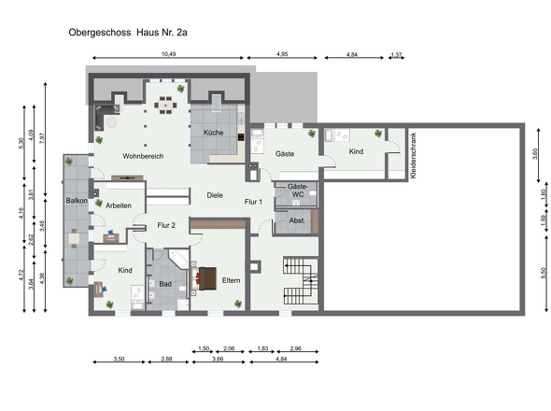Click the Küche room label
(x=213, y=133)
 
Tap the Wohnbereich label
(x=143, y=156)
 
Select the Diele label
(x=215, y=195)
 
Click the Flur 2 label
(x=166, y=225)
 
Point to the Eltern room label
(x=232, y=280)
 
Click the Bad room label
(x=165, y=284)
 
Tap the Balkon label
(x=77, y=201)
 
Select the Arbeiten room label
(x=119, y=205)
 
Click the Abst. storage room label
(x=297, y=220)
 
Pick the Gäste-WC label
(x=297, y=191)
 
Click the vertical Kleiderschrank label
(x=413, y=155)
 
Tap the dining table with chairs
(x=165, y=106)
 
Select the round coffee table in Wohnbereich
(x=111, y=122)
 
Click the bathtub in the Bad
(x=178, y=260)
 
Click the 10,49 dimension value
(x=168, y=54)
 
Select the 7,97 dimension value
(x=42, y=138)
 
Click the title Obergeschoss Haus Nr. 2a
(x=128, y=33)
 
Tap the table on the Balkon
(x=74, y=239)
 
